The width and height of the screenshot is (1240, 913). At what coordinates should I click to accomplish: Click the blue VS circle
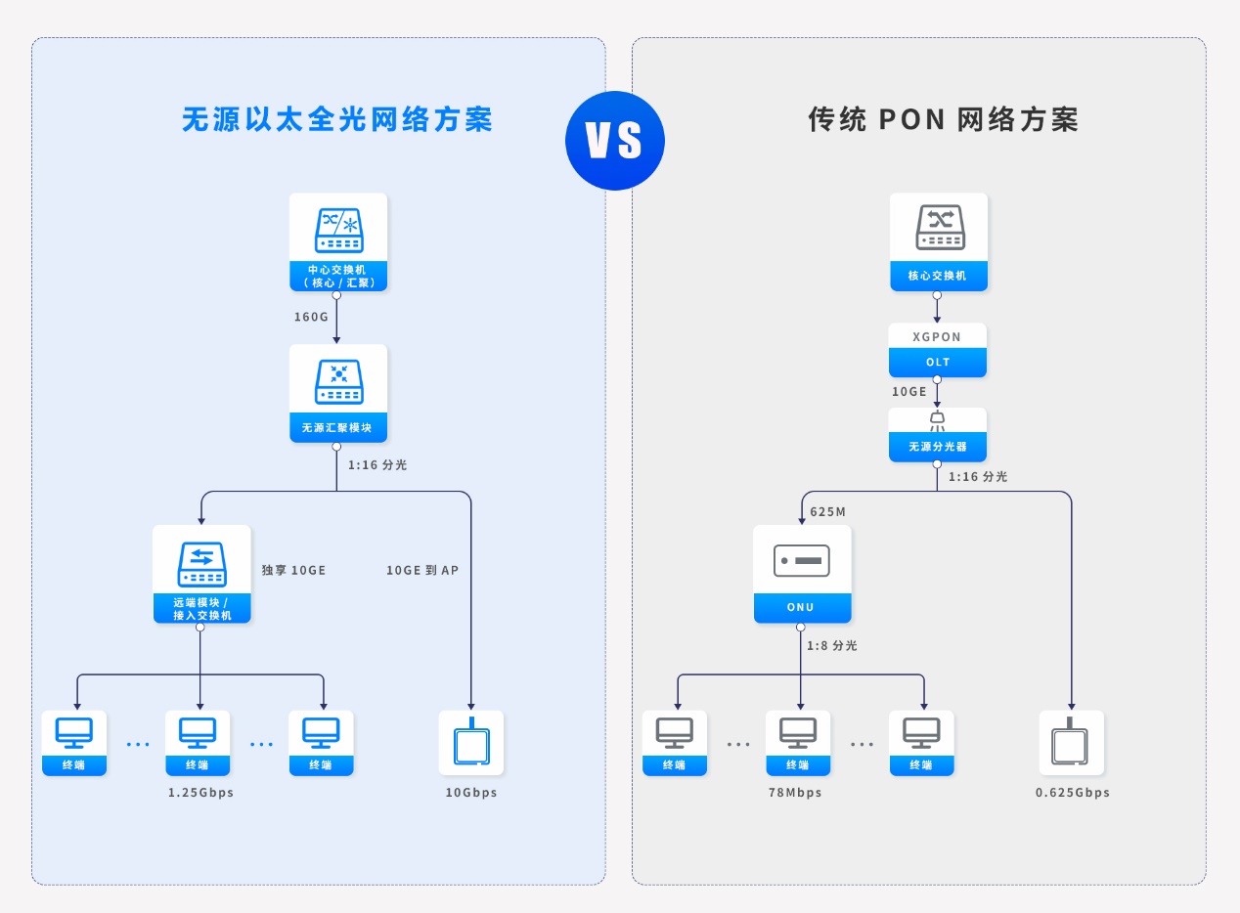pos(614,141)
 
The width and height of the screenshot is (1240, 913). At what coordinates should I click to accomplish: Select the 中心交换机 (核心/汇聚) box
pos(338,241)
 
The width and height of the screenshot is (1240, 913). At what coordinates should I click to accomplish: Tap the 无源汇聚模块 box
pos(338,393)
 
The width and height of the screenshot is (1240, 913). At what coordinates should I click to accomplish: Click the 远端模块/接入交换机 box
pos(202,574)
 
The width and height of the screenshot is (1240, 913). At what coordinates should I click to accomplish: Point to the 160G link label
pos(311,317)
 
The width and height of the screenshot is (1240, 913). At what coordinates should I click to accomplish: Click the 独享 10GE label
pos(293,570)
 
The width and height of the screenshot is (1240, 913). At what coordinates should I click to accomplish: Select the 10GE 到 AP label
pos(422,570)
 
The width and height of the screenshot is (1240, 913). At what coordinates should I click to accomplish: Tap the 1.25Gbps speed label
pos(200,793)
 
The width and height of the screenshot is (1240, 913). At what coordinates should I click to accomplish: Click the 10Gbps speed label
pos(471,793)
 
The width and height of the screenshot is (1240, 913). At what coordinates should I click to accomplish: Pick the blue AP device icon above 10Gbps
pos(471,743)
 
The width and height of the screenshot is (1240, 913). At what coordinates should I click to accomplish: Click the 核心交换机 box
pos(939,241)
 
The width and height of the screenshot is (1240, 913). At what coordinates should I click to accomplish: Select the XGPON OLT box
pos(938,350)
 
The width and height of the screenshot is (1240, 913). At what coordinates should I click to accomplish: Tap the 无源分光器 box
pos(938,435)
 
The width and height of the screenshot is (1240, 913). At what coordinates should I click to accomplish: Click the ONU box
pos(803,574)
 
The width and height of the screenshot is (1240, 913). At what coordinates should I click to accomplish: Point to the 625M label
pos(827,512)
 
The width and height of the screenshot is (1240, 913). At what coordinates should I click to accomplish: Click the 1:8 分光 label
pos(831,646)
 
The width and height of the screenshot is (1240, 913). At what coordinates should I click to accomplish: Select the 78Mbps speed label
pos(795,793)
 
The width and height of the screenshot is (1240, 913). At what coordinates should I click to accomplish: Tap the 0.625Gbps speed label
pos(1073,793)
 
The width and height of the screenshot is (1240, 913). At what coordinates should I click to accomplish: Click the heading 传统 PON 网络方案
pos(944,119)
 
